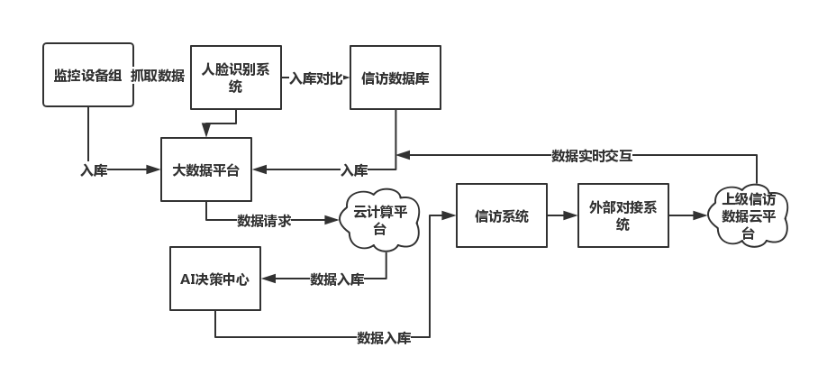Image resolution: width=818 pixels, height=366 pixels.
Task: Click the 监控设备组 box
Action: [88, 75]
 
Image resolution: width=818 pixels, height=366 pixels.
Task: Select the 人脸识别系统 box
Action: [236, 78]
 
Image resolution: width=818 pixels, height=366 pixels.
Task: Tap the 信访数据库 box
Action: [395, 78]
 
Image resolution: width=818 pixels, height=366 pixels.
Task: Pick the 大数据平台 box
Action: [206, 169]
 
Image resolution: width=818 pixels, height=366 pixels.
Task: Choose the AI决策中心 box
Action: [215, 279]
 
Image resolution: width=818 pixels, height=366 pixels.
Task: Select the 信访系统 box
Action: [502, 215]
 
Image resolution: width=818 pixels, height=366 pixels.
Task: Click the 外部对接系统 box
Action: [623, 215]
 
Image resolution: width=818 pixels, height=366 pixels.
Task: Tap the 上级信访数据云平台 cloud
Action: [748, 215]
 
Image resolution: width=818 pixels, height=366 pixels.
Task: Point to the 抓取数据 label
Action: [158, 76]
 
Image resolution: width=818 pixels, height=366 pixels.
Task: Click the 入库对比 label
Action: [316, 78]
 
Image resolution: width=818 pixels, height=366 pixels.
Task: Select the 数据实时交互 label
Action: [592, 156]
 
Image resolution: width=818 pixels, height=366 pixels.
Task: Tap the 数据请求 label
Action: [264, 220]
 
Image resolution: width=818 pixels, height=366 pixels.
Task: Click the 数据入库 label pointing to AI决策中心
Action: [337, 279]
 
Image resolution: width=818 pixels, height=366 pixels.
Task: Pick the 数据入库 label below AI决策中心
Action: [384, 338]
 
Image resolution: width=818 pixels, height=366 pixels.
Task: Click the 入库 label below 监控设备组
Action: [94, 170]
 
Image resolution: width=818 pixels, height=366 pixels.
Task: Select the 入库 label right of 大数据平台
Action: [354, 170]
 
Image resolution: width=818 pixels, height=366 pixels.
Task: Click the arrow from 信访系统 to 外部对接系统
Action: [562, 215]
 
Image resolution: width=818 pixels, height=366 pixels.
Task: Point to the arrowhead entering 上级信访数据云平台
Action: [700, 215]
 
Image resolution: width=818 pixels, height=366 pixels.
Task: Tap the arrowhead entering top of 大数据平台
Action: [206, 131]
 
